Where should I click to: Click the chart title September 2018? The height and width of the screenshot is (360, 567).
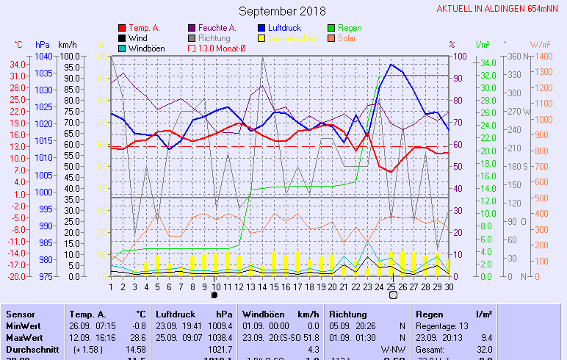282,11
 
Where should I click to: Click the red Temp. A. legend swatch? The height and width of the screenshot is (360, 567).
123,28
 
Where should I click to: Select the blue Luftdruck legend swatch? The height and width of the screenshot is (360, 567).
262,28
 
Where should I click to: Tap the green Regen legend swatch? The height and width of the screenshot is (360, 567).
331,28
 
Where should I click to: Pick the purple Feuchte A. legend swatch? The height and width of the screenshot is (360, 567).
192,28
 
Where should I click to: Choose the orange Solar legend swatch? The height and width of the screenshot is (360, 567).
331,38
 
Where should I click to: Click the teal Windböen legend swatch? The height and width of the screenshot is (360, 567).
123,48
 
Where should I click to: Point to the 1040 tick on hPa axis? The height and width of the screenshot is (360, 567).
43,57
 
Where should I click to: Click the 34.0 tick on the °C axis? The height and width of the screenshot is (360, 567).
18,64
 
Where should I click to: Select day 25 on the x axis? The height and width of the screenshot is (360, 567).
391,287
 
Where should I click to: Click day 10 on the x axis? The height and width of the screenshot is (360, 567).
214,287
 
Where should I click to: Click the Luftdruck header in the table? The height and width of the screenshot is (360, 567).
177,314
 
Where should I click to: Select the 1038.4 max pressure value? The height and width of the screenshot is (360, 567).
220,336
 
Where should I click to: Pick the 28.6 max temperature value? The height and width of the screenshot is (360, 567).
137,336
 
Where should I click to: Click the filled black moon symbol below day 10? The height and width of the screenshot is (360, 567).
214,295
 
